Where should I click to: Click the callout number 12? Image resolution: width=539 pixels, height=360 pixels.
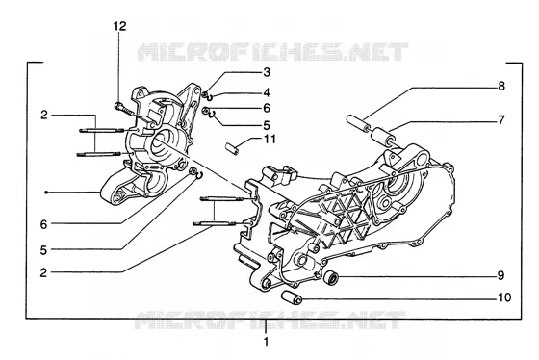(x=120, y=26)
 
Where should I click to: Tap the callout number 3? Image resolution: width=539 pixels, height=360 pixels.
(x=267, y=72)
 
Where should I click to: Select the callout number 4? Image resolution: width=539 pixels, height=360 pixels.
(x=267, y=92)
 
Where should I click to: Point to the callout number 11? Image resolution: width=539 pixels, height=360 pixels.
(x=270, y=140)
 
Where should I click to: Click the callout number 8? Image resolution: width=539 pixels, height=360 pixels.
(x=501, y=86)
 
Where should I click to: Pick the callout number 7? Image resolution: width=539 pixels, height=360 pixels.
(x=501, y=120)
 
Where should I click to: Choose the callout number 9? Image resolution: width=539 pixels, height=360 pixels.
(x=501, y=275)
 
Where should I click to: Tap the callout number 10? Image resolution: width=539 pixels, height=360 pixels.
(x=504, y=297)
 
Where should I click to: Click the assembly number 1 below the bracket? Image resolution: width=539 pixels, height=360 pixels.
(x=266, y=342)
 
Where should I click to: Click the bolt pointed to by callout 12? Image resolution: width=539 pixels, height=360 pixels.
(x=124, y=109)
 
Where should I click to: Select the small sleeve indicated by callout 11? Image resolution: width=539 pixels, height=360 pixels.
(x=231, y=149)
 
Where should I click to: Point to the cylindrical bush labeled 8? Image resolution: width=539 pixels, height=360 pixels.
(x=357, y=123)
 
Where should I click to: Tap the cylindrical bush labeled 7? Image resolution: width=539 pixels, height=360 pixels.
(x=383, y=136)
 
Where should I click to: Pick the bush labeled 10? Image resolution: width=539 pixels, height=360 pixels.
(x=292, y=297)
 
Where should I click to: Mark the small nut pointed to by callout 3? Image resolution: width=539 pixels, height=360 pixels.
(x=204, y=94)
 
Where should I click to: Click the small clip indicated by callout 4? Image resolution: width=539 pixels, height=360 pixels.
(x=210, y=97)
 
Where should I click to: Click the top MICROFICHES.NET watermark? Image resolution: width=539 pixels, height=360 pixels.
(x=272, y=52)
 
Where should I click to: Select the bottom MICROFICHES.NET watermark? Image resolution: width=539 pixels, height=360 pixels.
(x=270, y=321)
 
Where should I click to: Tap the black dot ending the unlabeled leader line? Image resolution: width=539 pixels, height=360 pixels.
(x=46, y=193)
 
